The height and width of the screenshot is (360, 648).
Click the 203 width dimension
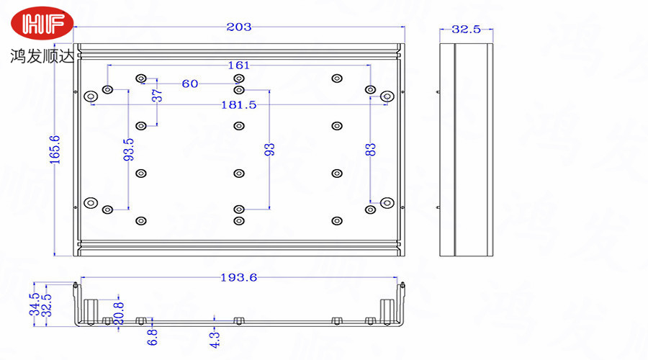point(239,27)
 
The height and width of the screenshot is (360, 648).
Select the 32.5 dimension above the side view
point(466,30)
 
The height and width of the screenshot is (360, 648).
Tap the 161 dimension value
point(239,65)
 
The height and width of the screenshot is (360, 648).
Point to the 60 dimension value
point(190,84)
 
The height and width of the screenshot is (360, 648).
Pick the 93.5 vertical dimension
point(129,151)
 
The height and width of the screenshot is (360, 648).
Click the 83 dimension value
point(371,150)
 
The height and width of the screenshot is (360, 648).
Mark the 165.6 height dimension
point(55,150)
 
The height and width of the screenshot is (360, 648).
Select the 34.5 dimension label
point(32,305)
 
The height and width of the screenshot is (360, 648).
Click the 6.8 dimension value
point(152,336)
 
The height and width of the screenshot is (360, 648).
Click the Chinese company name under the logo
point(42,55)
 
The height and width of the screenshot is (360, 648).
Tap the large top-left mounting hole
point(91,96)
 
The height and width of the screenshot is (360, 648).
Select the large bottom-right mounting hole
point(387,202)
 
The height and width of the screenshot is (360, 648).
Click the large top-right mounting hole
point(387,96)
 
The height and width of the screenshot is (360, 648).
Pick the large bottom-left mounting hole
point(91,202)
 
